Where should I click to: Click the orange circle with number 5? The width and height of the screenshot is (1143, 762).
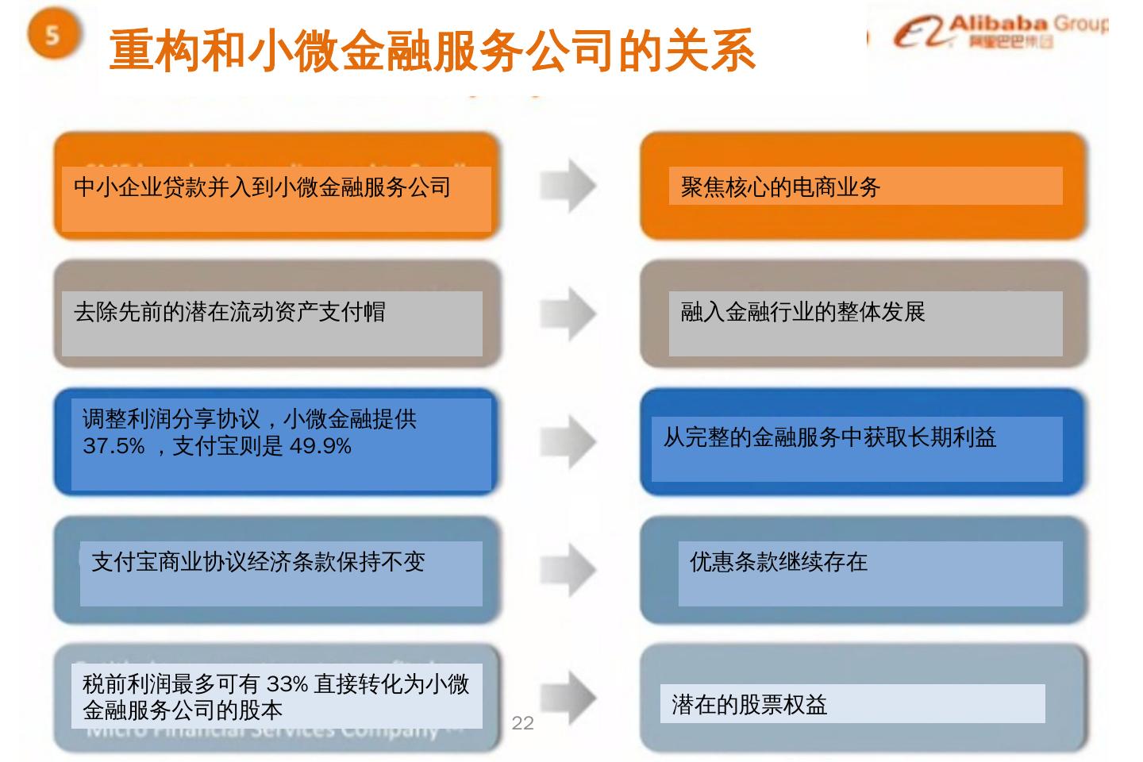pyautogui.click(x=53, y=36)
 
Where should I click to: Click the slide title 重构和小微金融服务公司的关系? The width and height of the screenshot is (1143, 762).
pyautogui.click(x=432, y=51)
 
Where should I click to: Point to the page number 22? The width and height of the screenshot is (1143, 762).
pyautogui.click(x=523, y=722)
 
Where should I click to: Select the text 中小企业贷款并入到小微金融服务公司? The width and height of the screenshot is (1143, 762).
pyautogui.click(x=262, y=187)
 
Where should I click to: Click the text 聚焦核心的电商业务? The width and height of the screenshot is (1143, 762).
pyautogui.click(x=780, y=187)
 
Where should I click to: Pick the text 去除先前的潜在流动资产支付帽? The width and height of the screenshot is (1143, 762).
pyautogui.click(x=229, y=312)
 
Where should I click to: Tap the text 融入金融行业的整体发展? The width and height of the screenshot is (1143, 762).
pyautogui.click(x=802, y=312)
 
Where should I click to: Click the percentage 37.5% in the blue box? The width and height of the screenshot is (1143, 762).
pyautogui.click(x=114, y=446)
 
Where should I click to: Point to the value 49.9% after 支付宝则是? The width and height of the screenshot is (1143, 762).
pyautogui.click(x=320, y=446)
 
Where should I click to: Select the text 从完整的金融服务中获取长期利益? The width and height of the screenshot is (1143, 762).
pyautogui.click(x=829, y=437)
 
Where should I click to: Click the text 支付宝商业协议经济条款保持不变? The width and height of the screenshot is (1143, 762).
pyautogui.click(x=259, y=562)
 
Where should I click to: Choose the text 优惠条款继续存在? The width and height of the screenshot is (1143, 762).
pyautogui.click(x=778, y=562)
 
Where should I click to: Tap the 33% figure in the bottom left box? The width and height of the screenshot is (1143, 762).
pyautogui.click(x=287, y=683)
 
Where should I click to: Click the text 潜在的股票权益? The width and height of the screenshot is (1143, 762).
pyautogui.click(x=749, y=705)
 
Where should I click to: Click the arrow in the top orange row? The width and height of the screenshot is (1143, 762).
pyautogui.click(x=568, y=186)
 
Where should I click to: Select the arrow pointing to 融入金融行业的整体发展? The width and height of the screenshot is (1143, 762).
pyautogui.click(x=568, y=312)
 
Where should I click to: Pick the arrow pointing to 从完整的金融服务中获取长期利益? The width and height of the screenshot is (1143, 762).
pyautogui.click(x=568, y=441)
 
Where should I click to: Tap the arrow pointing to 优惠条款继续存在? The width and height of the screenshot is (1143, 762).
pyautogui.click(x=568, y=568)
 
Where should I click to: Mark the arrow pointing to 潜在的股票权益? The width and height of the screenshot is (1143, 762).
pyautogui.click(x=568, y=697)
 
